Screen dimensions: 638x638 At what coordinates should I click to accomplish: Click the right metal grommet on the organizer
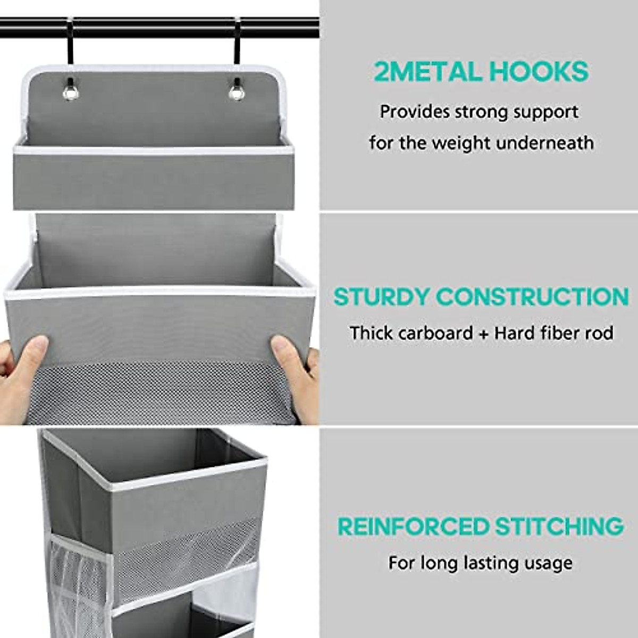click(x=237, y=91)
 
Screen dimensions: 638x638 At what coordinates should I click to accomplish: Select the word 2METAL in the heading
click(x=425, y=71)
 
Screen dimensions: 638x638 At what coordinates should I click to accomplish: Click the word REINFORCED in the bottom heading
click(x=413, y=526)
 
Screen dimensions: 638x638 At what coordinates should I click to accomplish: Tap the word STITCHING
click(x=559, y=526)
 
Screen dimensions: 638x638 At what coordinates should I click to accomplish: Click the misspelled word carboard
click(x=435, y=333)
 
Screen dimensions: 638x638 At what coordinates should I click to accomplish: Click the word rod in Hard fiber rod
click(x=600, y=333)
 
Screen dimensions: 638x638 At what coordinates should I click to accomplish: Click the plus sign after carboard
click(x=483, y=334)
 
